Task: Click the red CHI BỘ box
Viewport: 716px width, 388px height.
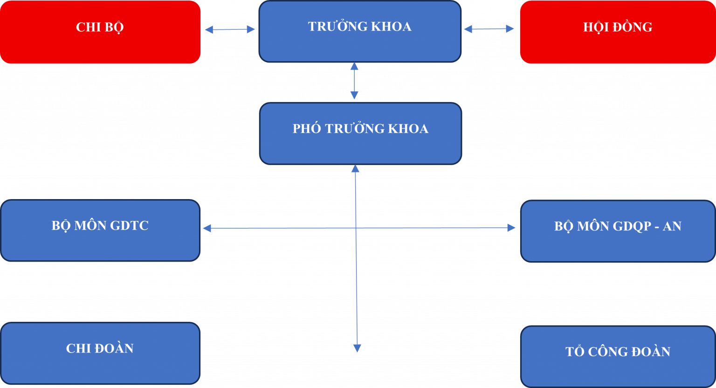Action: (100, 32)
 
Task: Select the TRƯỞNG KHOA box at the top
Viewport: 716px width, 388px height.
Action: (360, 32)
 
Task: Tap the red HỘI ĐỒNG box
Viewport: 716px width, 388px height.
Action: (618, 32)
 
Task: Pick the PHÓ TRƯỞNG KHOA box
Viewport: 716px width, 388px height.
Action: (360, 133)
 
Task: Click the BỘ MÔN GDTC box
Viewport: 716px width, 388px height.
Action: (100, 230)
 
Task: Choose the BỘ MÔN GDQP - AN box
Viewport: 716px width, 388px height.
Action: (618, 231)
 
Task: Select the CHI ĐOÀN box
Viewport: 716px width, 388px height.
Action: (100, 353)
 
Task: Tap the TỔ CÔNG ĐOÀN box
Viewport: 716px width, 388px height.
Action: (618, 356)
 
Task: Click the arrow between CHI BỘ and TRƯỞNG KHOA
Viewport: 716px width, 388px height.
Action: (230, 29)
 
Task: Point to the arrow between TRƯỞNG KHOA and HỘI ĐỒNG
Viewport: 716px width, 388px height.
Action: (489, 29)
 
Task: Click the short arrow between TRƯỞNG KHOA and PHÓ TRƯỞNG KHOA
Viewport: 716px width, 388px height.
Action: (354, 81)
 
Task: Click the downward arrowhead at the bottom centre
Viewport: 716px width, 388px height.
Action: (357, 348)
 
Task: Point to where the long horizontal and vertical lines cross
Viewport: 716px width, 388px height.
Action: (356, 228)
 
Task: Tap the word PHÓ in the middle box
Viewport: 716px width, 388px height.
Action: (306, 129)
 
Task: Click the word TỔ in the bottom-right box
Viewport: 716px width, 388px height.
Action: (574, 351)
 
